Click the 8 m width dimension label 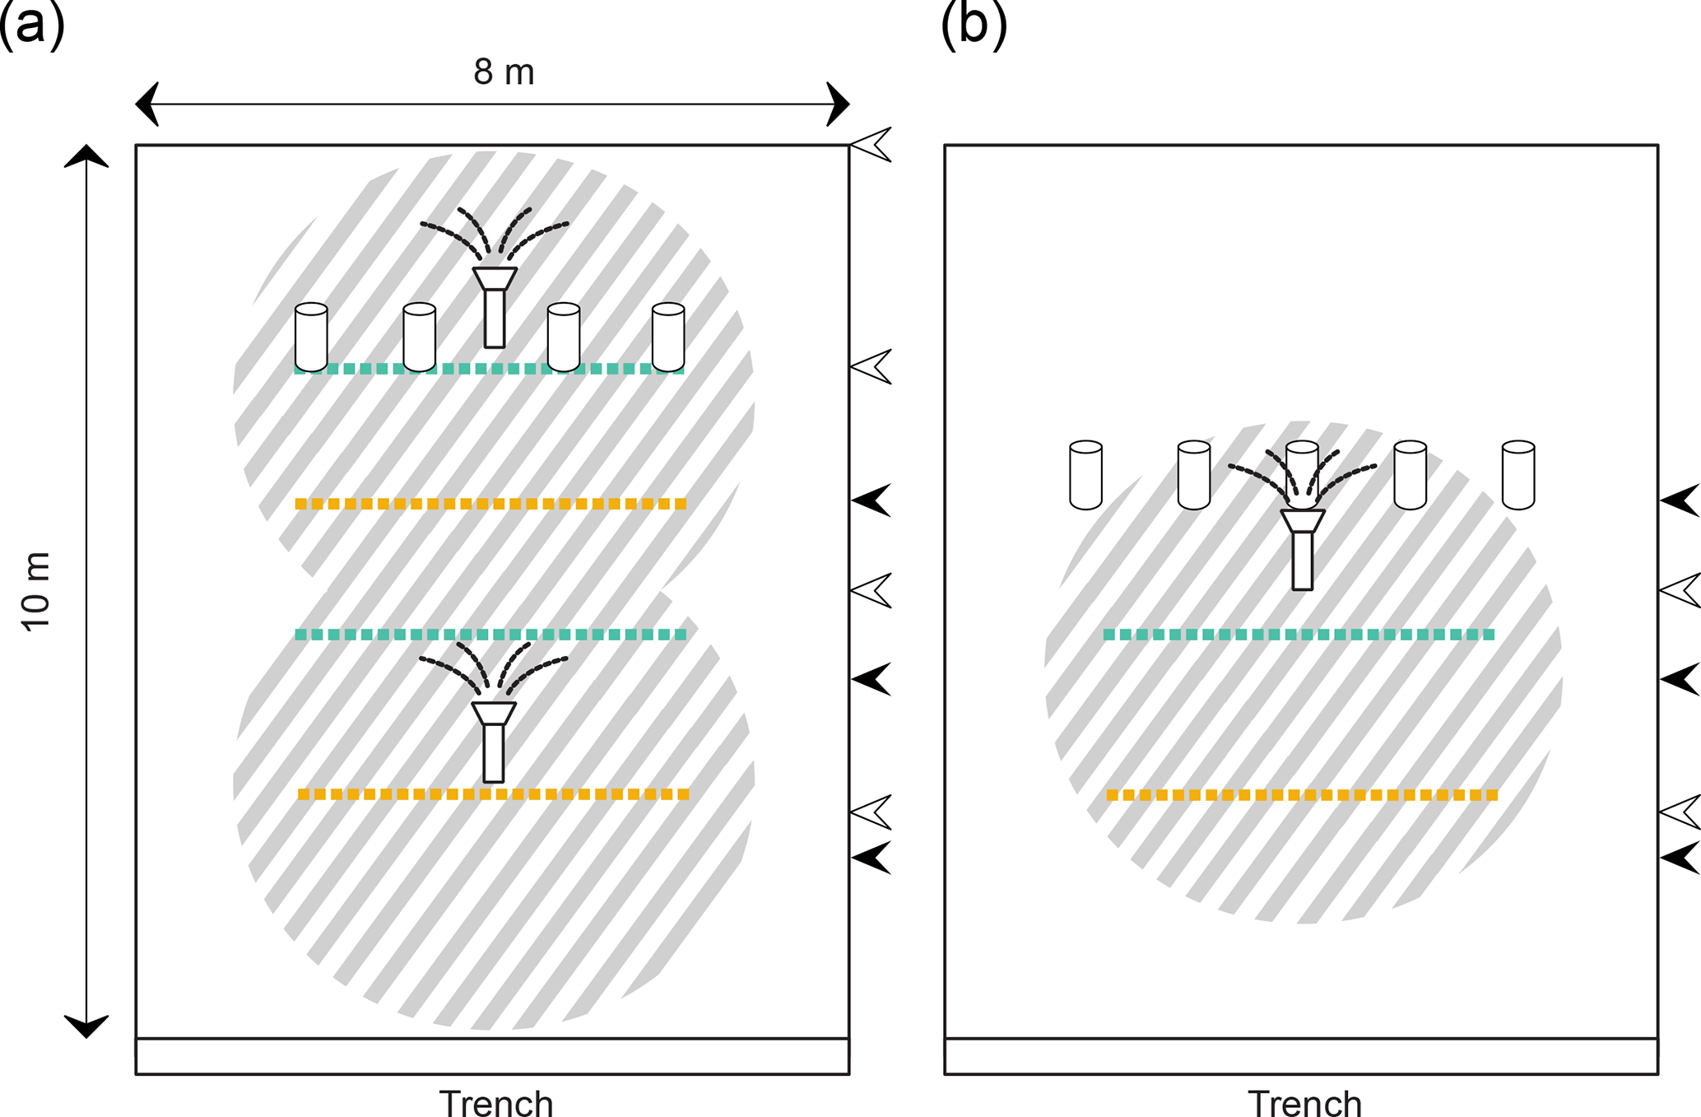click(x=504, y=72)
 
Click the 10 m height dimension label click(x=36, y=591)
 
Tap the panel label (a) click(x=31, y=25)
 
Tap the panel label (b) click(x=974, y=25)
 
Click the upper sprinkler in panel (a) click(x=495, y=305)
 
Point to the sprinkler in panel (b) click(x=1303, y=547)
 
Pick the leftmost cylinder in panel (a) click(x=311, y=337)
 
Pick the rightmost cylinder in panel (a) click(x=668, y=337)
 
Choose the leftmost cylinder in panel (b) click(x=1085, y=475)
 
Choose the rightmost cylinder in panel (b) click(x=1518, y=475)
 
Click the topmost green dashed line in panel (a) click(x=490, y=369)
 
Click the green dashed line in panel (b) click(x=1299, y=635)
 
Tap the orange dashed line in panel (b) click(x=1302, y=795)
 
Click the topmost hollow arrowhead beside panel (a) click(x=872, y=145)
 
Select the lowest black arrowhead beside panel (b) click(x=1681, y=858)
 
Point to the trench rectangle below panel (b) click(x=1301, y=1056)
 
